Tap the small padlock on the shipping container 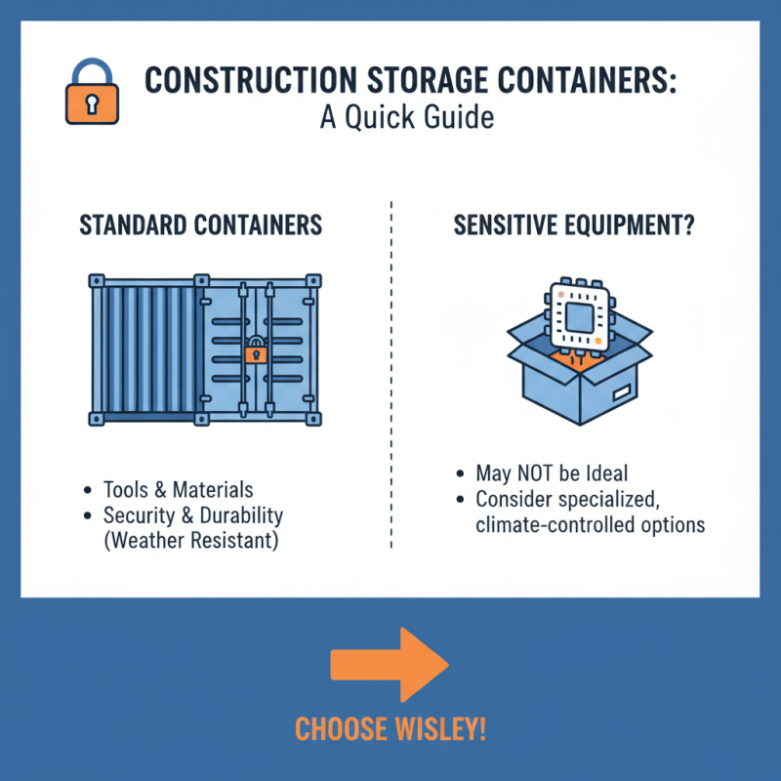[x=257, y=350]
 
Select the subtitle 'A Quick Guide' [x=407, y=118]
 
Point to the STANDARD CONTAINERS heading [x=200, y=226]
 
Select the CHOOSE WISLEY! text [x=390, y=729]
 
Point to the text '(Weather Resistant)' [x=191, y=541]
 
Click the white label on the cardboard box [x=621, y=394]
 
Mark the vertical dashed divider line [x=390, y=371]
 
